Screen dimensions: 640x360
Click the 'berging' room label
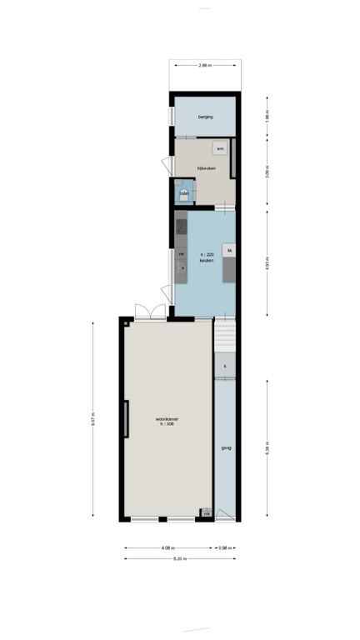click(x=205, y=117)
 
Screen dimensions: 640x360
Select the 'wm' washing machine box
click(x=219, y=148)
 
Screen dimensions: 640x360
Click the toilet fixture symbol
click(x=184, y=194)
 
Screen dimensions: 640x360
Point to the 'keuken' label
click(x=204, y=261)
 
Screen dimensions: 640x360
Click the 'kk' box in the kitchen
click(x=228, y=248)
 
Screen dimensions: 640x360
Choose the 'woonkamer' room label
click(x=167, y=418)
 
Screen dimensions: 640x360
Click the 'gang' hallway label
click(x=226, y=448)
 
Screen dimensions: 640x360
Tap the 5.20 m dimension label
click(x=180, y=558)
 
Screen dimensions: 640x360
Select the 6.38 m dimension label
click(x=267, y=446)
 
